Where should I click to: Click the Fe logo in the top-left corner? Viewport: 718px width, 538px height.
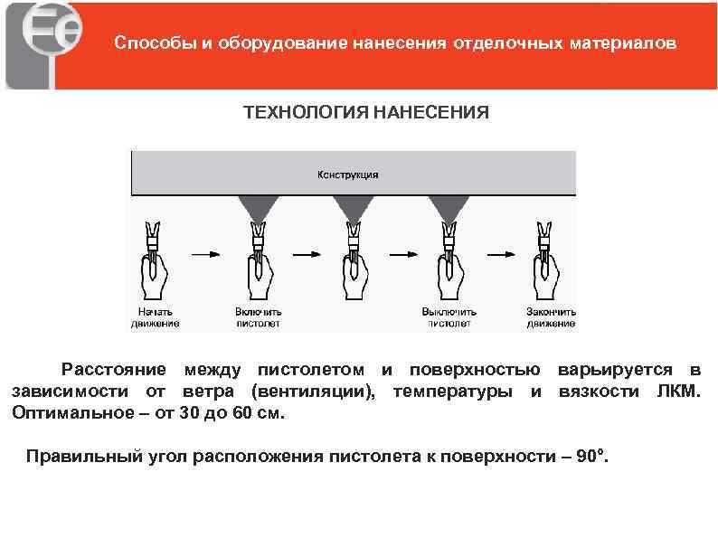46,44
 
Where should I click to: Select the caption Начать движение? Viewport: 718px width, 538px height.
155,316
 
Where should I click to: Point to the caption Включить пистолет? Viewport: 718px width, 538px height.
259,316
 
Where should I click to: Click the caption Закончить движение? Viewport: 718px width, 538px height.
551,316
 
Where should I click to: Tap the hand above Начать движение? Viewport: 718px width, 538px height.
155,276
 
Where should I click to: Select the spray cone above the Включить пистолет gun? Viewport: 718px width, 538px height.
259,210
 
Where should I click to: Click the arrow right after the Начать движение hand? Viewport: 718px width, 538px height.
206,254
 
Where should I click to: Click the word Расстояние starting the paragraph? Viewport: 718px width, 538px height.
113,369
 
